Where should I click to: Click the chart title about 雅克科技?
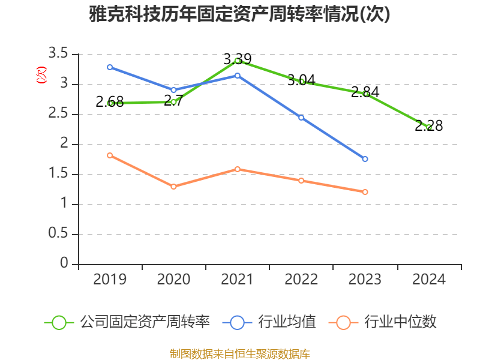[x=239, y=14]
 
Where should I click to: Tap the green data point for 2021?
[x=238, y=61]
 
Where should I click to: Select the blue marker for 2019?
[x=110, y=67]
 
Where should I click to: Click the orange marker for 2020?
[x=173, y=187]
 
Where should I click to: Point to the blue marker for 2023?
[x=365, y=159]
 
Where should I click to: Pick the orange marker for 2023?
[x=365, y=192]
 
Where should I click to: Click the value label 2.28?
[x=428, y=126]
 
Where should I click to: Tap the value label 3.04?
[x=301, y=80]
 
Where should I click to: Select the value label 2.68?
[x=110, y=103]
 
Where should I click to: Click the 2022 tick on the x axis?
[x=301, y=280]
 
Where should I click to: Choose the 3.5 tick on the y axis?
[x=58, y=55]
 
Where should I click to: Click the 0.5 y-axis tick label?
[x=58, y=234]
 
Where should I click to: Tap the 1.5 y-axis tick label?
[x=58, y=175]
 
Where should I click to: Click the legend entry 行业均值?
[x=270, y=322]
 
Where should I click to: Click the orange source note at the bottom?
[x=239, y=353]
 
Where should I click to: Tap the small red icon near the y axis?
[x=41, y=74]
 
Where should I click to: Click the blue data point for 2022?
[x=301, y=118]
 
